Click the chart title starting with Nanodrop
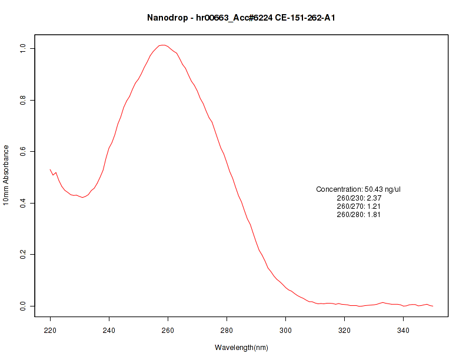pyautogui.click(x=241, y=18)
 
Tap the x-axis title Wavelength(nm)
pyautogui.click(x=241, y=348)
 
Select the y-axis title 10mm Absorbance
pyautogui.click(x=6, y=175)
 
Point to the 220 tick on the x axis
pyautogui.click(x=51, y=330)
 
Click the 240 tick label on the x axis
pyautogui.click(x=109, y=330)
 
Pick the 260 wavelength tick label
pyautogui.click(x=168, y=330)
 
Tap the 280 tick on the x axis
pyautogui.click(x=227, y=330)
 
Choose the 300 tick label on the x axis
pyautogui.click(x=286, y=330)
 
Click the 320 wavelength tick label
pyautogui.click(x=345, y=330)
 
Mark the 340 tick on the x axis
pyautogui.click(x=404, y=330)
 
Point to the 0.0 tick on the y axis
pyautogui.click(x=23, y=306)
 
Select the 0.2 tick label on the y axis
pyautogui.click(x=23, y=255)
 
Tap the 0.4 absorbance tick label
pyautogui.click(x=23, y=203)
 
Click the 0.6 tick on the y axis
pyautogui.click(x=23, y=152)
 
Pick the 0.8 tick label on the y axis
pyautogui.click(x=23, y=100)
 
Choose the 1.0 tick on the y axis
pyautogui.click(x=23, y=48)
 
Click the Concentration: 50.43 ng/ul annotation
pyautogui.click(x=358, y=189)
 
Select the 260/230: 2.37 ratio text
pyautogui.click(x=358, y=198)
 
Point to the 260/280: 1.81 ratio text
pyautogui.click(x=358, y=215)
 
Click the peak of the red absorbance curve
pyautogui.click(x=164, y=45)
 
